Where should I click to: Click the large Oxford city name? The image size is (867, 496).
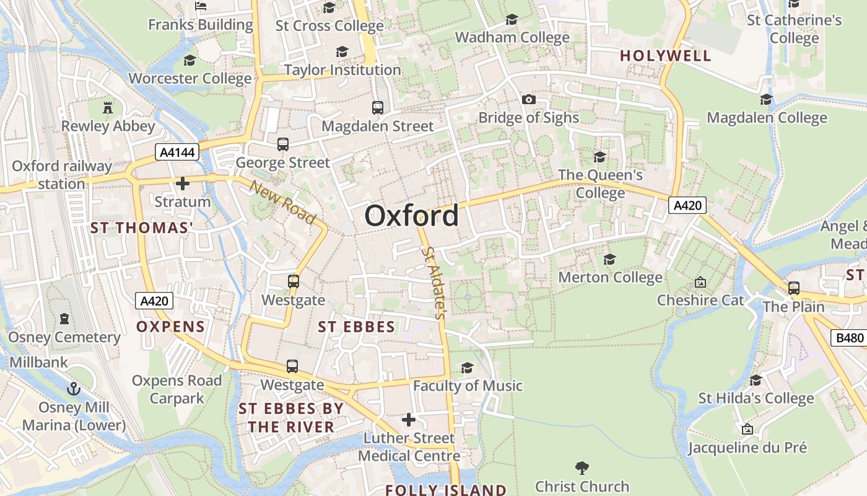[411, 216]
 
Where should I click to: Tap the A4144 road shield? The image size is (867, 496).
[176, 152]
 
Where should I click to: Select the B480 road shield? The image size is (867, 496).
[848, 338]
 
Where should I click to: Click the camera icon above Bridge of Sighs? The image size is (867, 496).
[528, 100]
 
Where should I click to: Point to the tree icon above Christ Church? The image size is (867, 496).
[582, 468]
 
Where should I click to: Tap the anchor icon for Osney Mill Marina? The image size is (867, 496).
[74, 389]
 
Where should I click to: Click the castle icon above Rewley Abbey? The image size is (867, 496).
[108, 107]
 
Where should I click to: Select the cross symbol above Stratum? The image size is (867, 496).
[182, 184]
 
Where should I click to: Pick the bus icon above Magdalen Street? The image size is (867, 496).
[378, 107]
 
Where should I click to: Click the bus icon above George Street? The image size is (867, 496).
[283, 144]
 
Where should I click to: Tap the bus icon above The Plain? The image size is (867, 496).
[793, 288]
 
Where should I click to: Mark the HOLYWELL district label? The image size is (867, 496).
[666, 56]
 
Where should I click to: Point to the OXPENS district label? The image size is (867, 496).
[170, 327]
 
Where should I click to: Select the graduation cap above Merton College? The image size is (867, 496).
[610, 259]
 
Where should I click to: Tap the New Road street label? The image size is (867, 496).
[283, 201]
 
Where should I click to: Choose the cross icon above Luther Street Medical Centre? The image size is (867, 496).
[409, 420]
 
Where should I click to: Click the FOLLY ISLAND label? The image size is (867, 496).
[446, 490]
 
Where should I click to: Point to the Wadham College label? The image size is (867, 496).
[512, 37]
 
